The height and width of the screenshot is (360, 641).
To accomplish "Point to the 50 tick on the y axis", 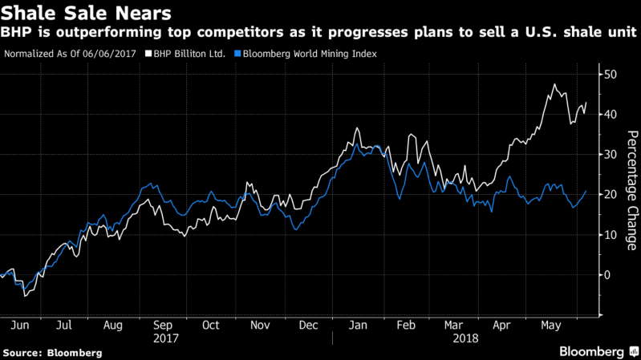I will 611,75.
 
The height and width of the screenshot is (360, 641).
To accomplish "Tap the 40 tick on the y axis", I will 611,115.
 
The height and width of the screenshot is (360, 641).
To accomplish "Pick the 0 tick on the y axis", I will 608,275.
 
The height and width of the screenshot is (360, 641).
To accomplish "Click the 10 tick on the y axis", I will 611,235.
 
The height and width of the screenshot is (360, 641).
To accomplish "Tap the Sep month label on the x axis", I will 163,326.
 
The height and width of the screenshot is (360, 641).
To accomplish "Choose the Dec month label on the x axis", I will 308,326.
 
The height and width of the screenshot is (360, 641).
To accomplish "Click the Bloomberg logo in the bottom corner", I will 593,352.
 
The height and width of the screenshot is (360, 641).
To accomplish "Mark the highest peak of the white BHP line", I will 554,84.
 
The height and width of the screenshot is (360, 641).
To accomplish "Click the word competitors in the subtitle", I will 264,33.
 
